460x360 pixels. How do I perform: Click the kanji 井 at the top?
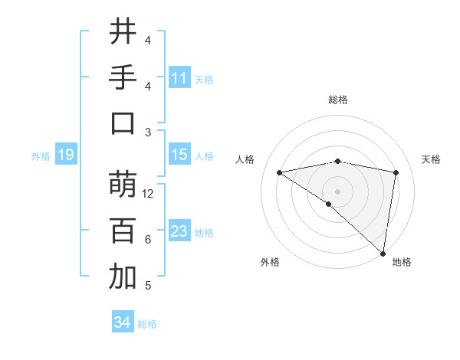[x=123, y=32]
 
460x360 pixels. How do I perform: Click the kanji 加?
[x=123, y=277]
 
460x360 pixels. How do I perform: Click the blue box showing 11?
[x=179, y=77]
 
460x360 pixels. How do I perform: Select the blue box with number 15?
[x=179, y=155]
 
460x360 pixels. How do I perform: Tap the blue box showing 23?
[x=179, y=231]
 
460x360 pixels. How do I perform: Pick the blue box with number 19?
[x=65, y=155]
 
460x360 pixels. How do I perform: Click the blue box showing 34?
[x=123, y=322]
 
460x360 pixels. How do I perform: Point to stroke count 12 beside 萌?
[x=149, y=194]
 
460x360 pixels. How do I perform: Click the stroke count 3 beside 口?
[x=148, y=133]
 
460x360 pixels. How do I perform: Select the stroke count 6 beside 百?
[x=148, y=240]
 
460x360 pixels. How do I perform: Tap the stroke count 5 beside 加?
[x=148, y=286]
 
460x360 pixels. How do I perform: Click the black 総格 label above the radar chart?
[x=338, y=100]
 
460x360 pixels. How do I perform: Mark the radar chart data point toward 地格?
[x=383, y=253]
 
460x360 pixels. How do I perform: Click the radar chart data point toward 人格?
[x=280, y=172]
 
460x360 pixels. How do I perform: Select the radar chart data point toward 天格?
[x=396, y=172]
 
